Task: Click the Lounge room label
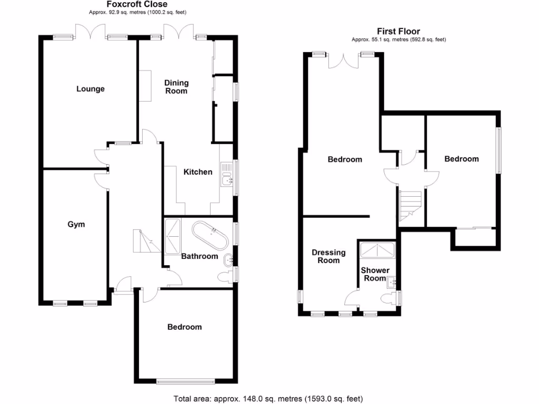point(91,89)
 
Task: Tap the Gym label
point(76,225)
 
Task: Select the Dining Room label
point(176,87)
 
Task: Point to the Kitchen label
point(197,172)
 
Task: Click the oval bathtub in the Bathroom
point(210,236)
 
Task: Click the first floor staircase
point(411,205)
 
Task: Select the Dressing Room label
point(328,256)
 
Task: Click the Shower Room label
point(375,274)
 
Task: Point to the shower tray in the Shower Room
point(377,250)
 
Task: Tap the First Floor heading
point(398,32)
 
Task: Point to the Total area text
point(268,399)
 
